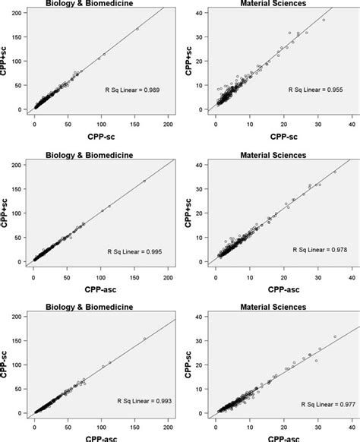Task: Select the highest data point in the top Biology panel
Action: [137, 29]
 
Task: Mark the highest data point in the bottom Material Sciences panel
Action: [334, 336]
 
